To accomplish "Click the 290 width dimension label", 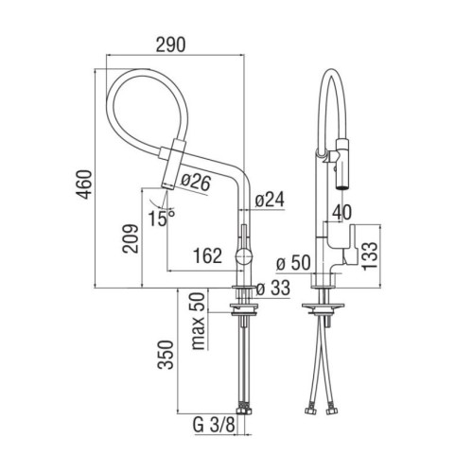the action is [170, 44].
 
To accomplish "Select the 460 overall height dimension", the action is [85, 184].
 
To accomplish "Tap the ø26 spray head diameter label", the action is [196, 183].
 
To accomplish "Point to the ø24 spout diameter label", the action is [270, 200].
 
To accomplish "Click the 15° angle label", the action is [162, 219].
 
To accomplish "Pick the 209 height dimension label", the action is [131, 238].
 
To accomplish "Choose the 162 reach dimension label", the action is [207, 255].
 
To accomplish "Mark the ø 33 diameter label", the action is [273, 289].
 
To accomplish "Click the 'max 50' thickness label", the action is [199, 321].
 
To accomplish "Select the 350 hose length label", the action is [166, 355].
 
